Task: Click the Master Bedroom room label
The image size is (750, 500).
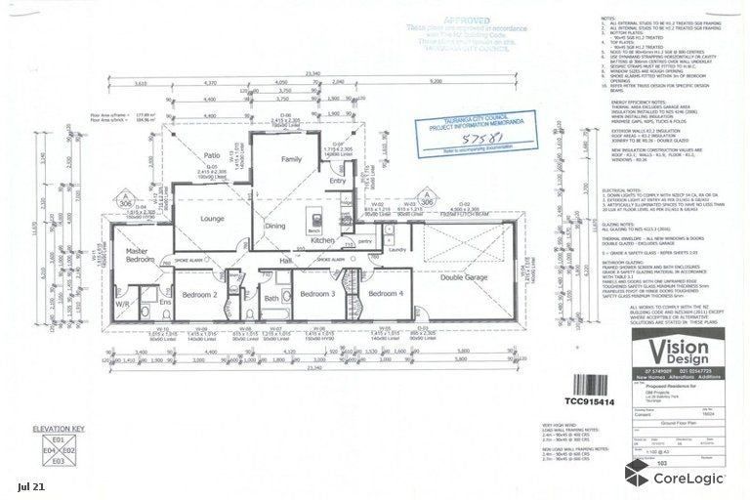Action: pyautogui.click(x=141, y=255)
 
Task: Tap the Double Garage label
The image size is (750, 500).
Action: pyautogui.click(x=465, y=277)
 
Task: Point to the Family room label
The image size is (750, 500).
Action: pyautogui.click(x=291, y=158)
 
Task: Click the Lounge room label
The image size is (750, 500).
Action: pyautogui.click(x=213, y=220)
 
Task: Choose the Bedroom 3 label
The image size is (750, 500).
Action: pyautogui.click(x=317, y=293)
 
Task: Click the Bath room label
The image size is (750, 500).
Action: pyautogui.click(x=271, y=299)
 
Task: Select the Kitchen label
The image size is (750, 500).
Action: pyautogui.click(x=323, y=239)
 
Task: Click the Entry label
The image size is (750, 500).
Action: pyautogui.click(x=338, y=181)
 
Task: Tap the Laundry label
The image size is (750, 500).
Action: pyautogui.click(x=396, y=249)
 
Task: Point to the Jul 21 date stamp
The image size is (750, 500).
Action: pyautogui.click(x=30, y=485)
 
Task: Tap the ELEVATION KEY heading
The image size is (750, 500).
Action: pyautogui.click(x=59, y=429)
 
